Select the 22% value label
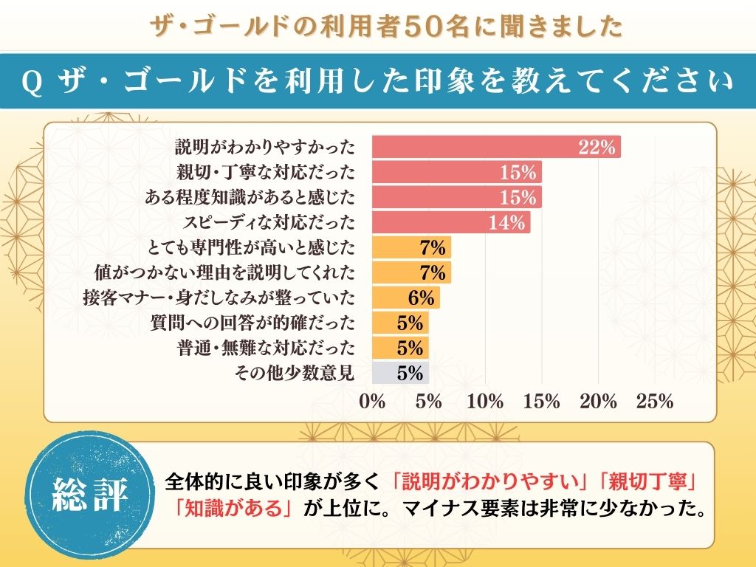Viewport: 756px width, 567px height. tap(597, 147)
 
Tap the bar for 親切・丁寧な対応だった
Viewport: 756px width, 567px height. tap(456, 172)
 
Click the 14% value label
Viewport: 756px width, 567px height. tap(506, 222)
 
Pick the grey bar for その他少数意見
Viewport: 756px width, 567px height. tap(400, 373)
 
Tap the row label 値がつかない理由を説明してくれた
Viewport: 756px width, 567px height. tap(225, 272)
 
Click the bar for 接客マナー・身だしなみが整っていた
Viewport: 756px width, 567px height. tap(405, 298)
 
